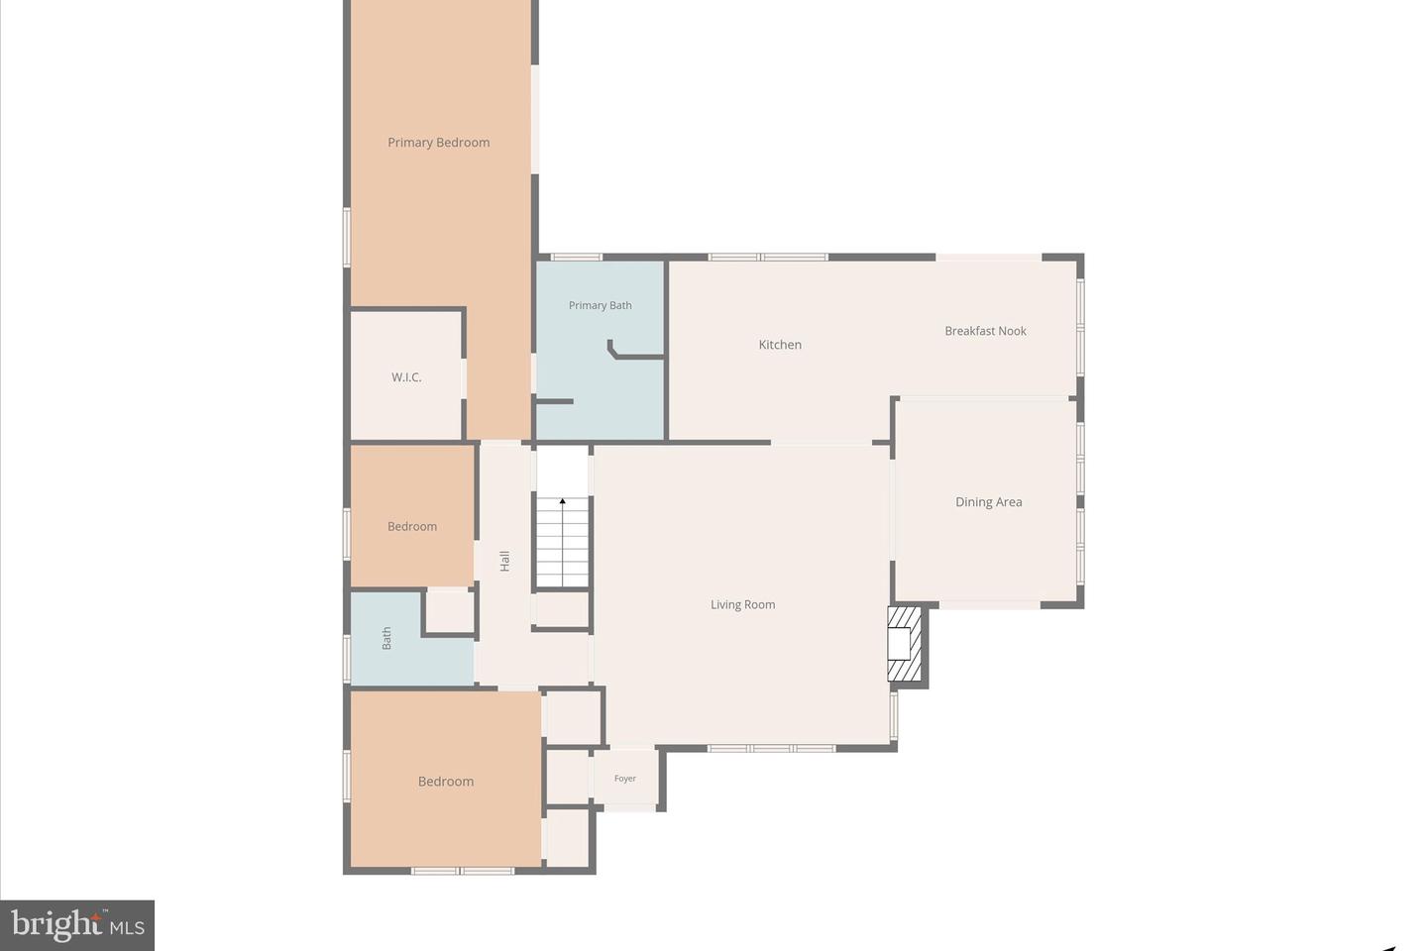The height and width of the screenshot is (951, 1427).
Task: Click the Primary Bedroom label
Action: (x=438, y=143)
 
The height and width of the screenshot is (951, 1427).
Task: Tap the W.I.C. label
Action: (x=406, y=377)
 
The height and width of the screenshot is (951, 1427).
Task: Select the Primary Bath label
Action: (x=600, y=305)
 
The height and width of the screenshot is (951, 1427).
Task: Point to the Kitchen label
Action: (x=780, y=345)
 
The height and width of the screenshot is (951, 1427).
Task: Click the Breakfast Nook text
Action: (x=985, y=331)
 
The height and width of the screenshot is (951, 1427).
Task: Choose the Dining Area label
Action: (x=988, y=502)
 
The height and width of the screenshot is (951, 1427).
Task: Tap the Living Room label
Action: (x=742, y=604)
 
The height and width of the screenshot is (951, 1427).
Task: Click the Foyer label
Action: (x=624, y=779)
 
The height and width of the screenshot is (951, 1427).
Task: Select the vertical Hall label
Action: (x=504, y=561)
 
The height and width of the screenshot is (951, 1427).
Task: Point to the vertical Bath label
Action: (x=386, y=638)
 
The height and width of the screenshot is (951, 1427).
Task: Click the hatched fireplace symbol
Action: (x=905, y=645)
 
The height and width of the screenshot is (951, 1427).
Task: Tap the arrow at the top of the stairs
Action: (x=563, y=502)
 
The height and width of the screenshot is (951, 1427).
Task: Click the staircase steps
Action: (x=563, y=550)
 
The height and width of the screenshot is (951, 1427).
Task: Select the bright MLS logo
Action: (x=77, y=925)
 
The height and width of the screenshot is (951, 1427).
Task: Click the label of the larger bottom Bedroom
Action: (x=446, y=782)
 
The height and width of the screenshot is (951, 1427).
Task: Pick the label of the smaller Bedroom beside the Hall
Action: (x=412, y=526)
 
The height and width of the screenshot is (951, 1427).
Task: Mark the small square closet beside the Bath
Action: (x=450, y=611)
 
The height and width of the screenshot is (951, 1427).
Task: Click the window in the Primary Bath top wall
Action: (x=576, y=258)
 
